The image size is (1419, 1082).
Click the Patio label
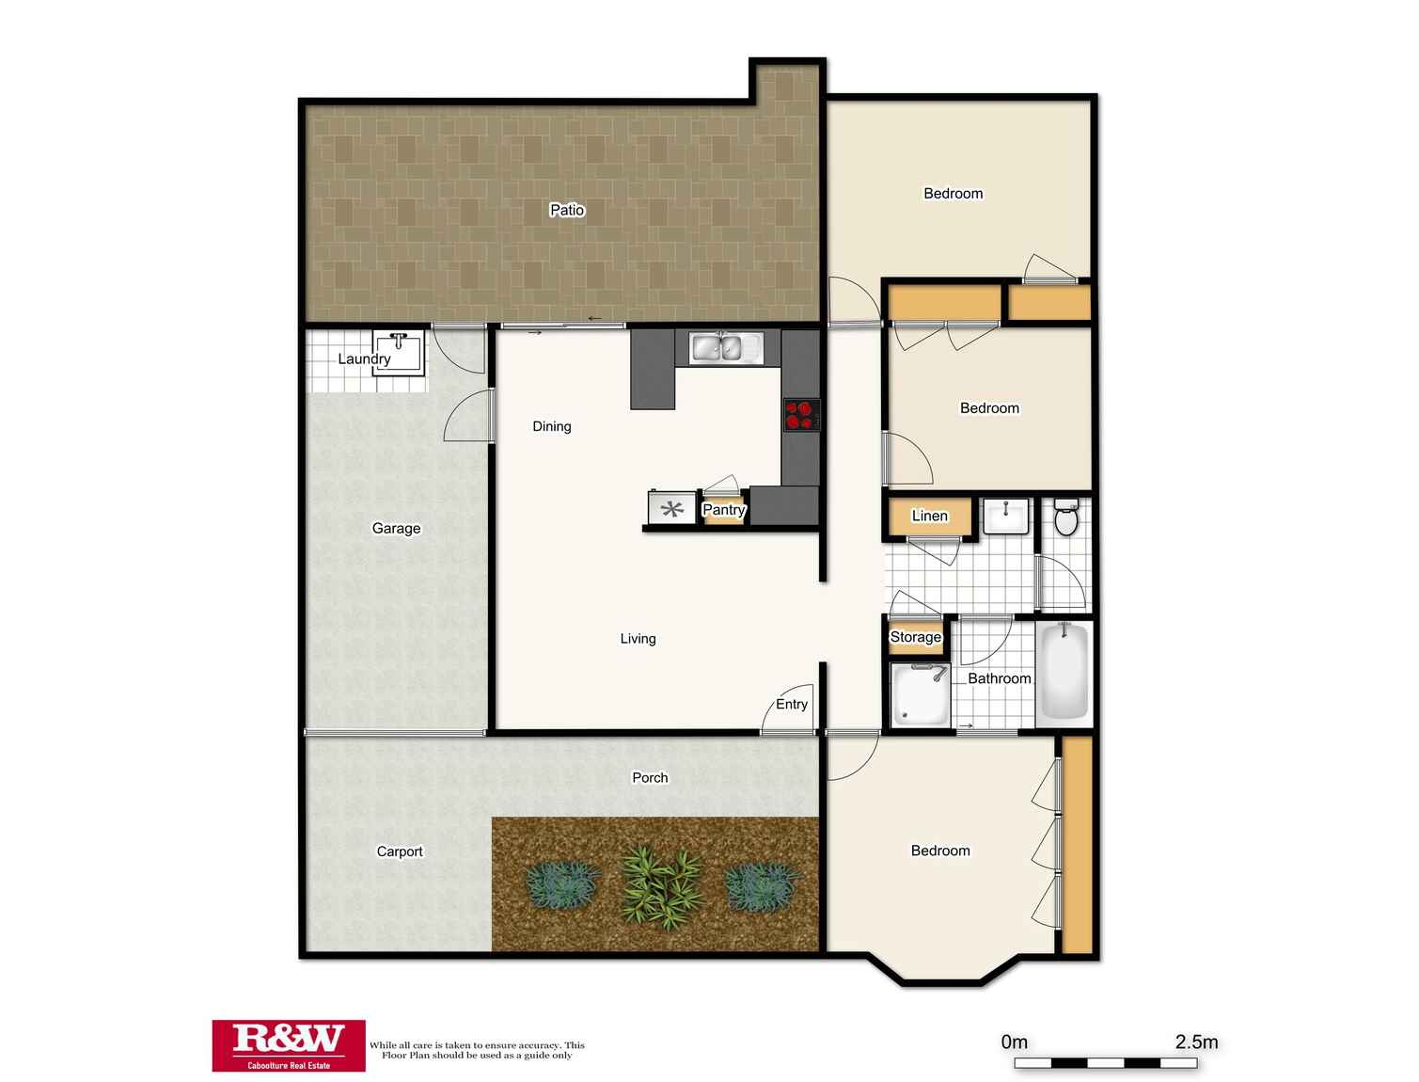coord(566,210)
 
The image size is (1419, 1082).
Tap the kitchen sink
coord(725,347)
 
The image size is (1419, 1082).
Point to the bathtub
coord(1064,670)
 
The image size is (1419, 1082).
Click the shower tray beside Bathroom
coord(921,694)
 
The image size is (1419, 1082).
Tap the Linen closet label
coord(929,516)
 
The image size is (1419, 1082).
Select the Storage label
coord(915,636)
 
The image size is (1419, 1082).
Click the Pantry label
coord(724,510)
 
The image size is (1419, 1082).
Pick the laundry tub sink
coord(399,351)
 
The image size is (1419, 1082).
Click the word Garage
coord(396,529)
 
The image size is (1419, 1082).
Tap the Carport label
coord(400,851)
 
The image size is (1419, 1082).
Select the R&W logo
coord(289,1045)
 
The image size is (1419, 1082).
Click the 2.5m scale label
coord(1196,1042)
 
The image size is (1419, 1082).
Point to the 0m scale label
coord(1014,1042)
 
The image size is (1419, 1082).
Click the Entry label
coord(791,704)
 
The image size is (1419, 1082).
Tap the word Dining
coord(551,426)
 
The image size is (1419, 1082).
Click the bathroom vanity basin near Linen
coord(1006,517)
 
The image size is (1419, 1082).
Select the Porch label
coord(650,777)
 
